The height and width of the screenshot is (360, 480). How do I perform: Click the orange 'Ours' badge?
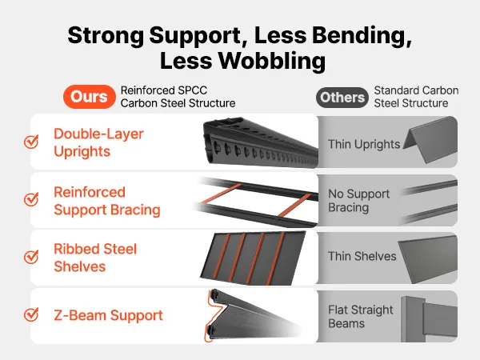90,97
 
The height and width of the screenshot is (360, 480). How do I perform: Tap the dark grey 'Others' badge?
342,98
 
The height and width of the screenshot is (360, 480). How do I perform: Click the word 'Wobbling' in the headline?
272,61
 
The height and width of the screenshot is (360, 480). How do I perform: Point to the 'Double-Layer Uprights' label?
98,142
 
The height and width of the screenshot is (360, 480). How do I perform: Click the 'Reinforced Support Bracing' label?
107,201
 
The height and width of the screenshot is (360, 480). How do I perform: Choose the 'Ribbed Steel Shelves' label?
95,258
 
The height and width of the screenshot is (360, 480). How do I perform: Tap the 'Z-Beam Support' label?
108,315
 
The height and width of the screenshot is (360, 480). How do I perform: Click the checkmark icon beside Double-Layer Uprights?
31,142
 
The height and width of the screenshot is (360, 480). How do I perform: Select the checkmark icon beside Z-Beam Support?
31,314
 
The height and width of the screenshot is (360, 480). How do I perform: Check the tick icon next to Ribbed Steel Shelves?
31,257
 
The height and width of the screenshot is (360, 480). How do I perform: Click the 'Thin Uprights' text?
364,144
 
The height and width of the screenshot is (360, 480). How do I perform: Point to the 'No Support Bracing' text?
358,201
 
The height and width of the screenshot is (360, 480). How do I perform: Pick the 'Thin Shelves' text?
362,256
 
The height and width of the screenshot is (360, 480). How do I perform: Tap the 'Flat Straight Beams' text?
360,317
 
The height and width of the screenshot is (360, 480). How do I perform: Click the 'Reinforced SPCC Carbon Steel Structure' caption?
178,97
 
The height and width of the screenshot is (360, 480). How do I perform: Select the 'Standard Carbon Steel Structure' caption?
416,97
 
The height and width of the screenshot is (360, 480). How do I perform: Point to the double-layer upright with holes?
261,142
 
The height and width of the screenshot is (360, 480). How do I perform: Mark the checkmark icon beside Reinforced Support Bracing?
31,199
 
